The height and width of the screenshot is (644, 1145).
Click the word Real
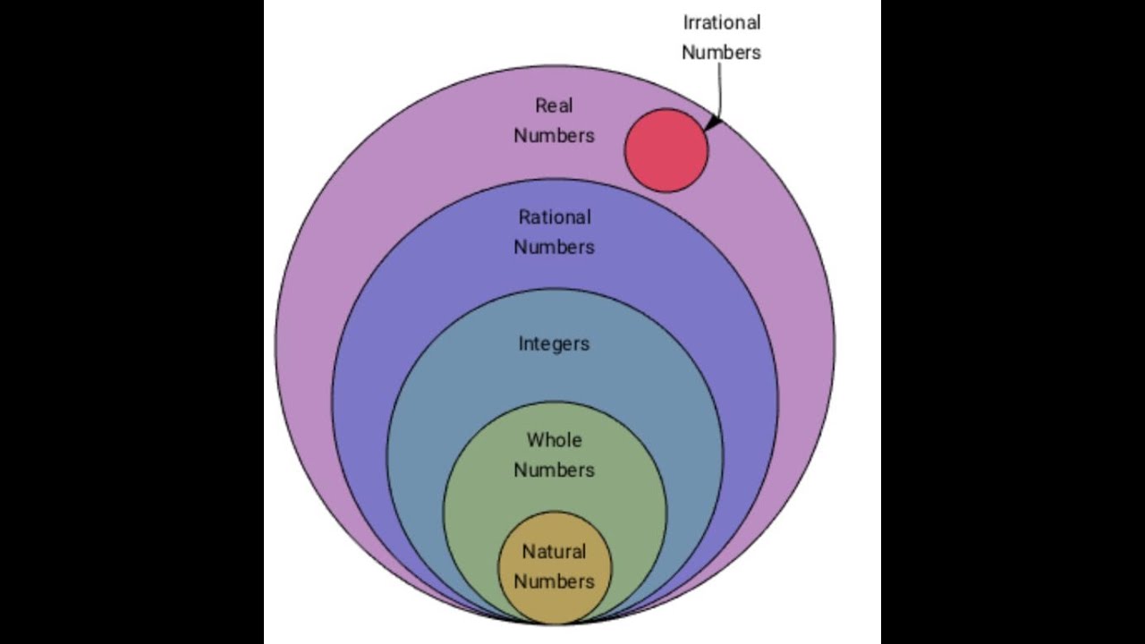click(x=554, y=106)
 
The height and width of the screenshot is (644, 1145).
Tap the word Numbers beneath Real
click(x=554, y=136)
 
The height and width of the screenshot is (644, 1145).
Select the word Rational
click(x=555, y=217)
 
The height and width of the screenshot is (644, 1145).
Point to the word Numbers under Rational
click(x=554, y=247)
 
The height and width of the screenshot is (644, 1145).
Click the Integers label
click(x=554, y=343)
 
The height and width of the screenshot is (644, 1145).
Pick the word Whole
click(x=554, y=440)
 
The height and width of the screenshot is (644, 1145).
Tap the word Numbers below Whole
click(x=554, y=470)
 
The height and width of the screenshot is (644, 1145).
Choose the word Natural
click(x=554, y=552)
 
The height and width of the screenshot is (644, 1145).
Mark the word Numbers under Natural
click(x=554, y=581)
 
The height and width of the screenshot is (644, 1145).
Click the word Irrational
click(x=721, y=22)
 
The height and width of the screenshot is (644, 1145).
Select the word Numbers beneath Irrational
click(x=721, y=52)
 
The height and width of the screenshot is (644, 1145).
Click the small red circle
click(x=666, y=150)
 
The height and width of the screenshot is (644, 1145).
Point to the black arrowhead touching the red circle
click(x=711, y=124)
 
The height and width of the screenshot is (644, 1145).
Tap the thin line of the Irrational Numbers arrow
click(x=721, y=89)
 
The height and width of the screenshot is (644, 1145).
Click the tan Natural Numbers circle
click(x=555, y=528)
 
